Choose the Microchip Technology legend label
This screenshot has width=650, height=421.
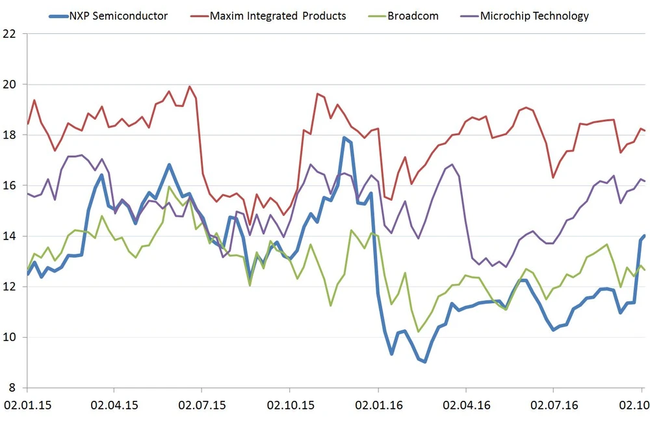[534, 16]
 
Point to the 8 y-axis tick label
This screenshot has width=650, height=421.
[12, 388]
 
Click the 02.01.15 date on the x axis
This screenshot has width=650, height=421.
[27, 405]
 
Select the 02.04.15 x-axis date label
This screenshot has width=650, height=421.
[115, 405]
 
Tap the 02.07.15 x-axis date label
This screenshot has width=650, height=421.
[203, 405]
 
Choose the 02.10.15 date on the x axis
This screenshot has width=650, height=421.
[291, 405]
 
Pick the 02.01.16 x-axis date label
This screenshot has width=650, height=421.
[378, 405]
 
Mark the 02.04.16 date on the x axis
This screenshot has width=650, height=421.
[466, 405]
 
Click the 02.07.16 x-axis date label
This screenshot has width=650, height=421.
[554, 405]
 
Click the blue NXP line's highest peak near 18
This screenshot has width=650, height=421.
[344, 138]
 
